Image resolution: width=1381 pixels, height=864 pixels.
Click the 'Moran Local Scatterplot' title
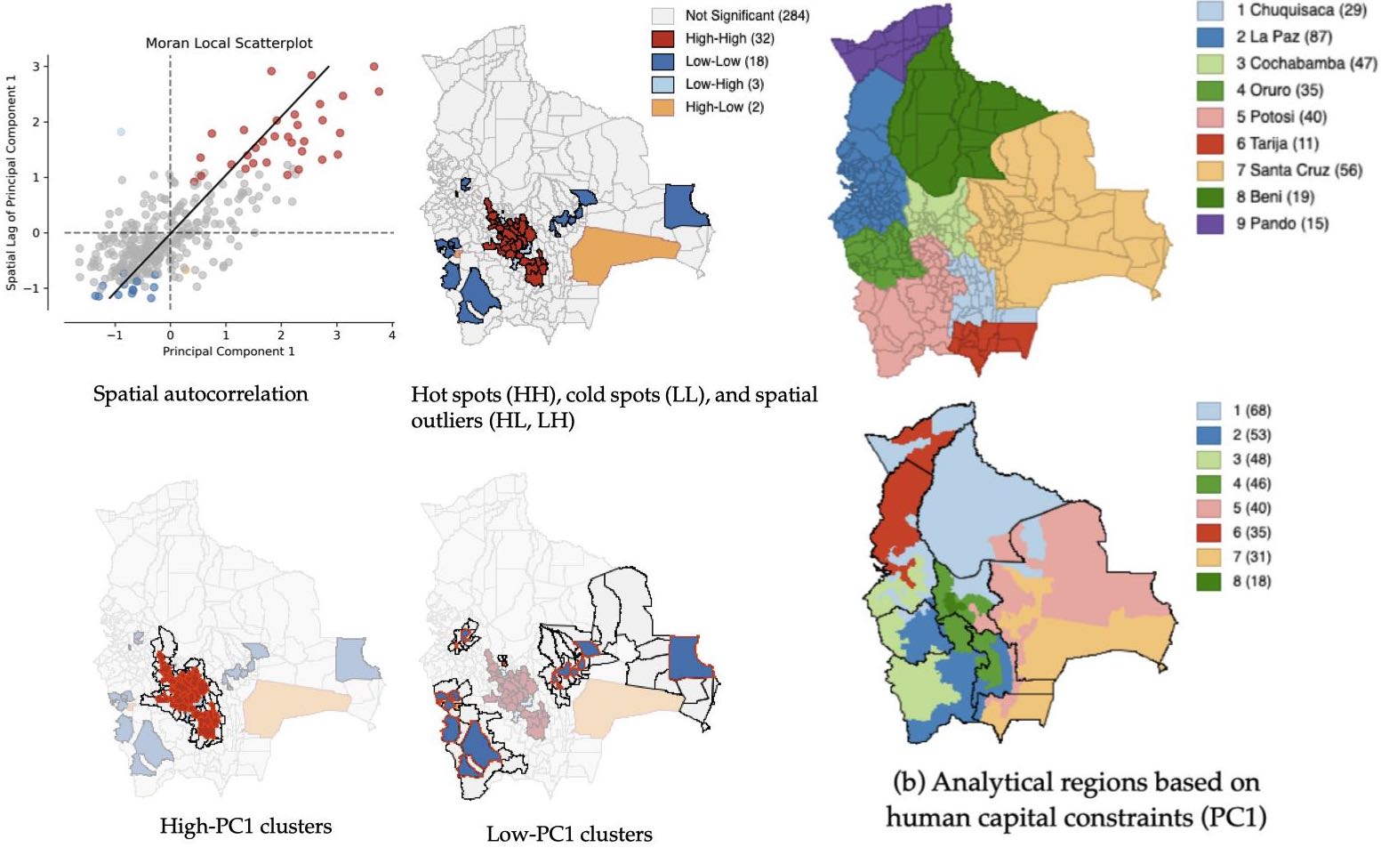pos(229,43)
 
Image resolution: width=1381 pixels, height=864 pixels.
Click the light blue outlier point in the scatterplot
pos(121,132)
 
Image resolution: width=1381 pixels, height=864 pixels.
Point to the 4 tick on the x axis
pos(392,335)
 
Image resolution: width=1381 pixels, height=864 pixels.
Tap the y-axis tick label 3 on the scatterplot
pos(36,66)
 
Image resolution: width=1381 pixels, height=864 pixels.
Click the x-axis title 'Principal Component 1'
pos(229,351)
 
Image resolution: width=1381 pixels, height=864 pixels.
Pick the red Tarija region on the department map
pos(992,342)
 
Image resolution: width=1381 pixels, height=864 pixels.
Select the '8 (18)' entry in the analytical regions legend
pos(1250,581)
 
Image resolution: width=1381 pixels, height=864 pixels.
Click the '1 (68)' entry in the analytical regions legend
pos(1250,410)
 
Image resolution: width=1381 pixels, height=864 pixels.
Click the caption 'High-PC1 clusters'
pos(245,827)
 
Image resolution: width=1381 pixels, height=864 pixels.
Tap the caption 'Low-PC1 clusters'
pos(569,835)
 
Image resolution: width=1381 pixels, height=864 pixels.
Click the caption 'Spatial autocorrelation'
pos(200,394)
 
